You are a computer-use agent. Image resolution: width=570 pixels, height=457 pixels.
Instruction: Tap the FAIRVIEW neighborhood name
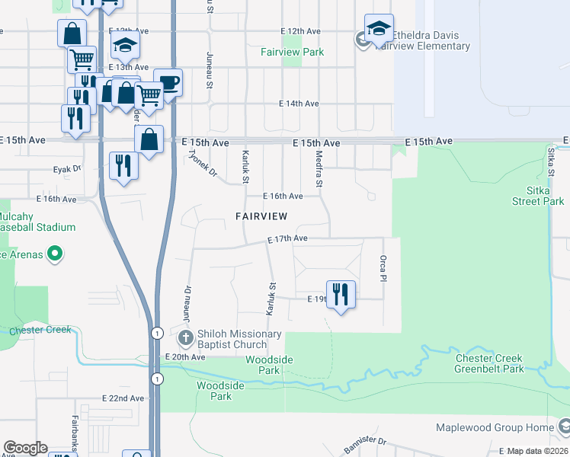coord(261,216)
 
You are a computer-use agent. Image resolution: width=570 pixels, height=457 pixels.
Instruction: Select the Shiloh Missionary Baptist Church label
coord(239,340)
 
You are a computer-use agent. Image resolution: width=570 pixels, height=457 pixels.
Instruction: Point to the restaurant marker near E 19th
coord(341,293)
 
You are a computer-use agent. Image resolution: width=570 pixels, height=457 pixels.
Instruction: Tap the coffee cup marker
coord(168,82)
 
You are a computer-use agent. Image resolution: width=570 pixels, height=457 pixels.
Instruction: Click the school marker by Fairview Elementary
coord(378,29)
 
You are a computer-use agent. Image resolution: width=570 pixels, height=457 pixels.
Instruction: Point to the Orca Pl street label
coord(384,267)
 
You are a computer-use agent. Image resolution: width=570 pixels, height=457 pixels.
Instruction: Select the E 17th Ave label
coord(287,238)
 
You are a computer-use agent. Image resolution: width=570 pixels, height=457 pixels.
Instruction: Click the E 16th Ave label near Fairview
coord(283,196)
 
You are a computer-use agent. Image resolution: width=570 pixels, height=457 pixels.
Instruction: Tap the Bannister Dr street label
coord(366,441)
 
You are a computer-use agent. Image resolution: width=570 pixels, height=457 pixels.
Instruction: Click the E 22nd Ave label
coord(123,398)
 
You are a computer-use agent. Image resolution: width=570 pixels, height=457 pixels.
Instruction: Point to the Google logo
coord(25,448)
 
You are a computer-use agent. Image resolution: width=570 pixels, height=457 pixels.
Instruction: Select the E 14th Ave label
coord(298,103)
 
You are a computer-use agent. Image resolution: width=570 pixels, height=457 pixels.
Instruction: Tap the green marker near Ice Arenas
coord(55,254)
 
